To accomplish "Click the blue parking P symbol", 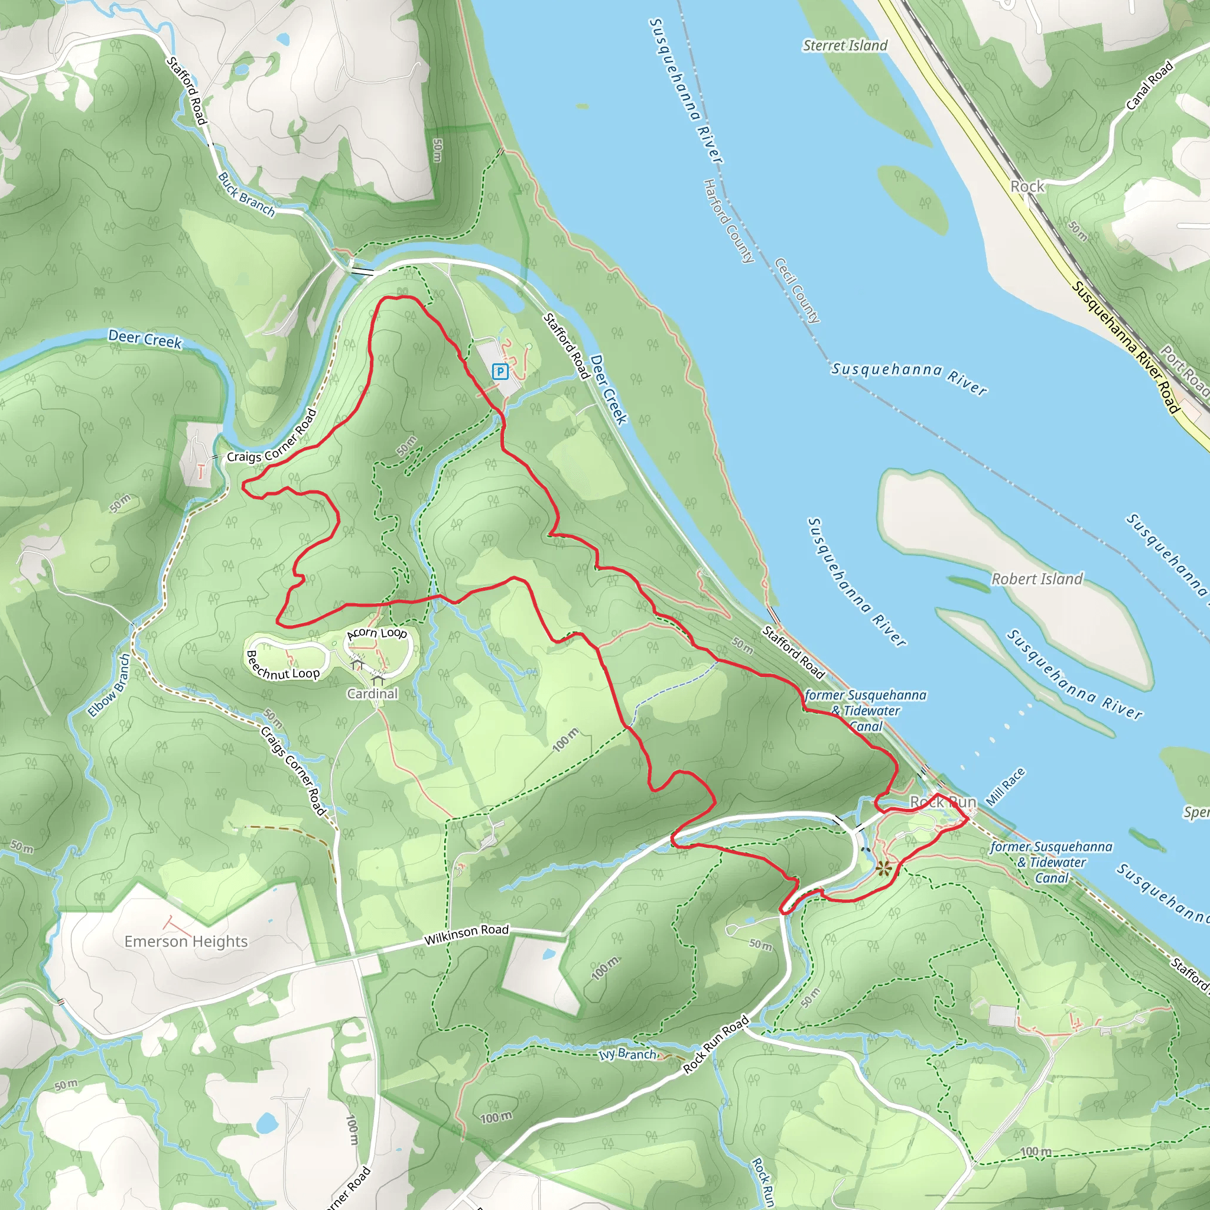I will coord(499,372).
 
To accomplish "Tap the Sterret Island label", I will coord(845,45).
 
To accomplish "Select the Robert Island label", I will coord(1036,578).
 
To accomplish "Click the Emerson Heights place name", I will coord(186,941).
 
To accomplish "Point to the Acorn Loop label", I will coord(377,633).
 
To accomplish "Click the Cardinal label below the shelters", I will coord(373,693).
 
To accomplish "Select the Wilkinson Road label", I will coord(466,935).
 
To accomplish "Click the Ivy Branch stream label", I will coord(627,1055).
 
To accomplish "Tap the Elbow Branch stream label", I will coord(110,685).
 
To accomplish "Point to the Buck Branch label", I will coord(247,194).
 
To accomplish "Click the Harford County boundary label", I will coord(728,220).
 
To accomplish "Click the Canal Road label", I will coord(1149,86).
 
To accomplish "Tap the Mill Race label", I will coord(1006,787).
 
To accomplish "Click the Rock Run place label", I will coord(943,802).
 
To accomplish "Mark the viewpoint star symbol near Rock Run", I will coord(884,868).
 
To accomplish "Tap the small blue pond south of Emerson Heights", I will coord(267,1123).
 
